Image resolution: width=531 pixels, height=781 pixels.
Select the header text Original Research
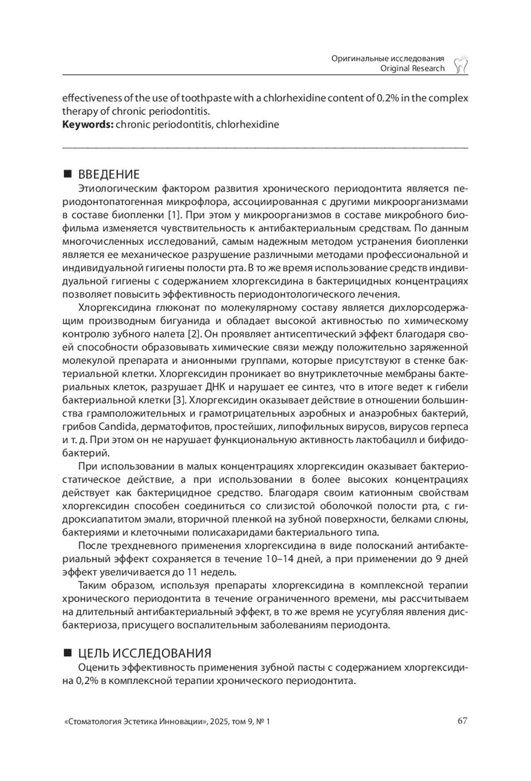point(412,68)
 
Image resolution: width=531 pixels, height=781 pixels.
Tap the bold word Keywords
point(88,124)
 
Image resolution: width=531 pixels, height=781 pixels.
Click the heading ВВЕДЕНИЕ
point(109,174)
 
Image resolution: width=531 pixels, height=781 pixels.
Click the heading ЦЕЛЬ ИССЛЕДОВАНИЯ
point(145,653)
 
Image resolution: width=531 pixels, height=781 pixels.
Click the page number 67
point(462,721)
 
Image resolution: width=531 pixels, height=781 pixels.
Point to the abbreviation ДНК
point(215,387)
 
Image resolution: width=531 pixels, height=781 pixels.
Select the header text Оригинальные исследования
point(388,58)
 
